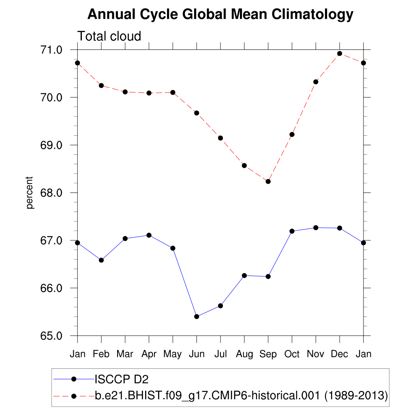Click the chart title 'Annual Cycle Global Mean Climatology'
[x=220, y=15]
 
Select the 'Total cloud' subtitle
[x=109, y=36]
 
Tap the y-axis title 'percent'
[x=29, y=193]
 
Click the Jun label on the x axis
[x=197, y=354]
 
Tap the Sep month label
[x=268, y=354]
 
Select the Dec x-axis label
[x=340, y=354]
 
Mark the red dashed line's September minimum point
[x=268, y=181]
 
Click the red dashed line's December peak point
[x=340, y=53]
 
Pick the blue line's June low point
[x=197, y=317]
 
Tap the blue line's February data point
[x=101, y=260]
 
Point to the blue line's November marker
[x=316, y=228]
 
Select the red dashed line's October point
[x=292, y=135]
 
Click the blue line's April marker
[x=149, y=235]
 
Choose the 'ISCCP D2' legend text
[x=122, y=379]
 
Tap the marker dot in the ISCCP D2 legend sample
[x=74, y=379]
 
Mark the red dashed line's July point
[x=220, y=138]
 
